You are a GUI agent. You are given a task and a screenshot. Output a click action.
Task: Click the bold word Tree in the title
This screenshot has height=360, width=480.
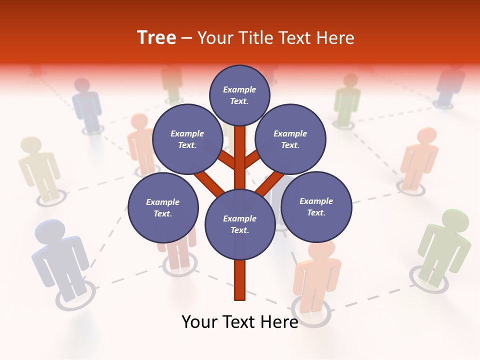(156, 38)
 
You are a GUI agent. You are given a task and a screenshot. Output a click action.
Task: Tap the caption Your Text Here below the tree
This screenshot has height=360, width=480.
(239, 322)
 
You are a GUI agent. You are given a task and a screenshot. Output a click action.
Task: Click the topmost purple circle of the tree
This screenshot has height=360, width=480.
(239, 95)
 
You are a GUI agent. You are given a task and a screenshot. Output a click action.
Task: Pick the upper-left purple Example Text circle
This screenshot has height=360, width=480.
(187, 139)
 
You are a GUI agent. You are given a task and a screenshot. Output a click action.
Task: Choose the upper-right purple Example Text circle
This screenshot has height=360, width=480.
(290, 139)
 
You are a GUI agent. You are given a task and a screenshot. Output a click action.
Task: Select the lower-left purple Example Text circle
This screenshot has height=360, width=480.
(162, 207)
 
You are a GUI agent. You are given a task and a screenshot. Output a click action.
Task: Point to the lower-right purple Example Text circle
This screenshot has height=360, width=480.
(316, 206)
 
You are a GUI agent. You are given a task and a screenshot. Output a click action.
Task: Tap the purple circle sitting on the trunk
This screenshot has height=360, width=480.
(239, 224)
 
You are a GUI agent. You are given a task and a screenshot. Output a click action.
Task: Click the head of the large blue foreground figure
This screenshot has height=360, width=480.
(49, 232)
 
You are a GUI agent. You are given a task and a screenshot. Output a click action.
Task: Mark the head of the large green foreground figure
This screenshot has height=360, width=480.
(454, 221)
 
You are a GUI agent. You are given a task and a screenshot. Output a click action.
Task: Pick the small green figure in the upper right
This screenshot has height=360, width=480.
(347, 100)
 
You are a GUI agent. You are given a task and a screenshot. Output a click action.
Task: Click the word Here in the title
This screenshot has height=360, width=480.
(336, 38)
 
